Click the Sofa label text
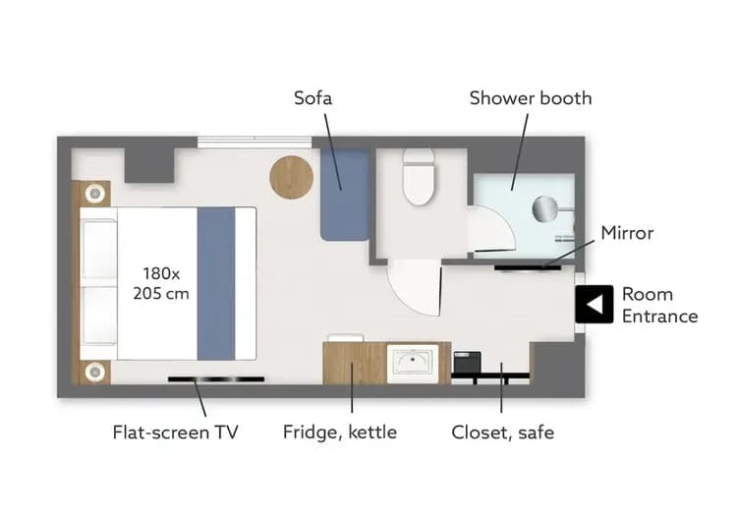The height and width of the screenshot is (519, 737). (x=313, y=98)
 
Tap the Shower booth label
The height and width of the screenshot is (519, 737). (x=531, y=98)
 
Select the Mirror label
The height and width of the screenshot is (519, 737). (x=627, y=233)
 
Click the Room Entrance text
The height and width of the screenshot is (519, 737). (x=659, y=305)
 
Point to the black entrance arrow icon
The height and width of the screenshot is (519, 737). (x=594, y=305)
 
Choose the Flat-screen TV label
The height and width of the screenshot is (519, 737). (x=175, y=432)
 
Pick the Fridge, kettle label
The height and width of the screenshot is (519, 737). (x=340, y=432)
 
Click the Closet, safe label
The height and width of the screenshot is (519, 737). (x=502, y=432)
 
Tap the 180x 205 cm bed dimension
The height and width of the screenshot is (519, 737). (x=161, y=282)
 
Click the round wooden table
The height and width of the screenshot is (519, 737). (x=292, y=178)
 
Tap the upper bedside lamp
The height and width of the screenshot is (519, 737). (x=95, y=193)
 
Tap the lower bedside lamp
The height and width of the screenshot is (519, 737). (x=95, y=371)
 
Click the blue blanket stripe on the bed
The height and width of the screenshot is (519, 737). (x=216, y=282)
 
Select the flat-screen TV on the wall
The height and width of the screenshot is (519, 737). (x=215, y=378)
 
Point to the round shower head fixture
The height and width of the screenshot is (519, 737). (x=545, y=208)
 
